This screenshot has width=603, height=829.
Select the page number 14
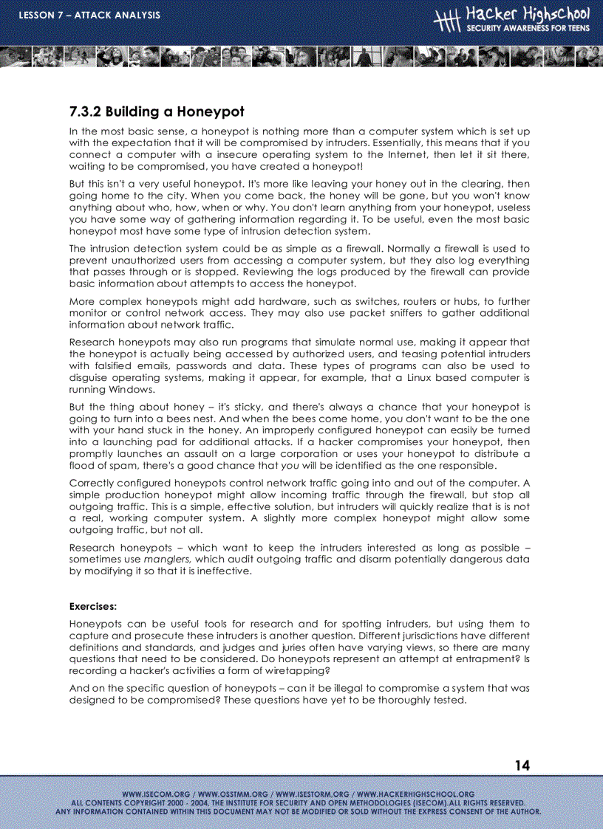click(522, 766)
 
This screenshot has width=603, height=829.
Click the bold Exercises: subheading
click(93, 606)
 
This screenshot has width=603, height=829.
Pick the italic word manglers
click(169, 560)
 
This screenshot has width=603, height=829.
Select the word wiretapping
click(291, 671)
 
